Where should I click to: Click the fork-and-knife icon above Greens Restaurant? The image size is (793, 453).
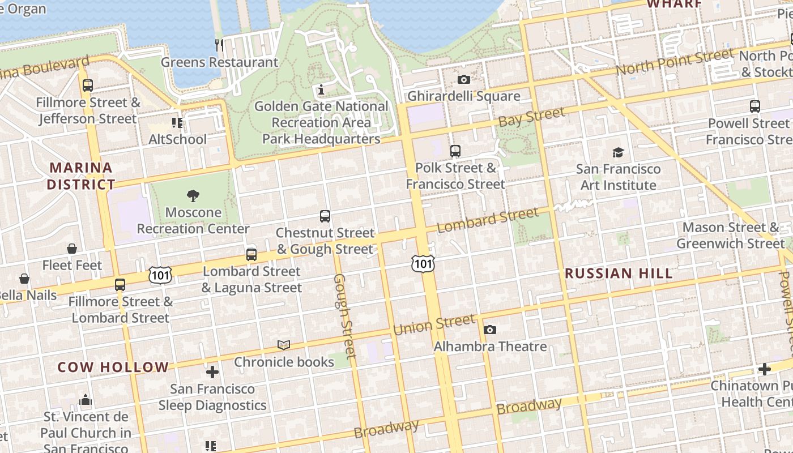[x=219, y=45]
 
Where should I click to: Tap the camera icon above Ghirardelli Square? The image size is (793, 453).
[x=463, y=79]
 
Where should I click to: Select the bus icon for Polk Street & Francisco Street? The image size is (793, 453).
[x=455, y=151]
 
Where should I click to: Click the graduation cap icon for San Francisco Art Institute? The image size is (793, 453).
[x=618, y=152]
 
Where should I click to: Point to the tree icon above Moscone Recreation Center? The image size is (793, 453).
[x=193, y=196]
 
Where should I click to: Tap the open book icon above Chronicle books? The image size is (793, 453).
[x=284, y=345]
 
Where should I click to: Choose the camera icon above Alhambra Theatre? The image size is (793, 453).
[x=490, y=330]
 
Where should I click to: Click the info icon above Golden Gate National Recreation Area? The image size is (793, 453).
[x=321, y=89]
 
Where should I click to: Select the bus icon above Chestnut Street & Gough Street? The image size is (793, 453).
[x=325, y=216]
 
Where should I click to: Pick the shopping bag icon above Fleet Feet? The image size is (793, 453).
[x=72, y=249]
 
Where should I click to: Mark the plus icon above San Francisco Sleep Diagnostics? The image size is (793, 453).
[x=212, y=372]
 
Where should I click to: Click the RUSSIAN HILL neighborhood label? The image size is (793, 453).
[x=619, y=273]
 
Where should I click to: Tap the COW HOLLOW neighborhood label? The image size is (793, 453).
[x=113, y=367]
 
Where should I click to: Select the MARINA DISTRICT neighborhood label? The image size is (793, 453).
[x=81, y=176]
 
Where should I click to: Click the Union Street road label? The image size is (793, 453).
[x=433, y=325]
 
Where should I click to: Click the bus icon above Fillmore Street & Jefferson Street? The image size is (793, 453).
[x=88, y=86]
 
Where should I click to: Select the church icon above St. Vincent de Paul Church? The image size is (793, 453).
[x=86, y=400]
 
